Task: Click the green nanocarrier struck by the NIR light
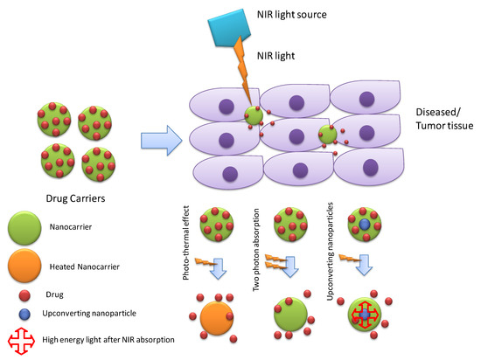(x=253, y=115)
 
